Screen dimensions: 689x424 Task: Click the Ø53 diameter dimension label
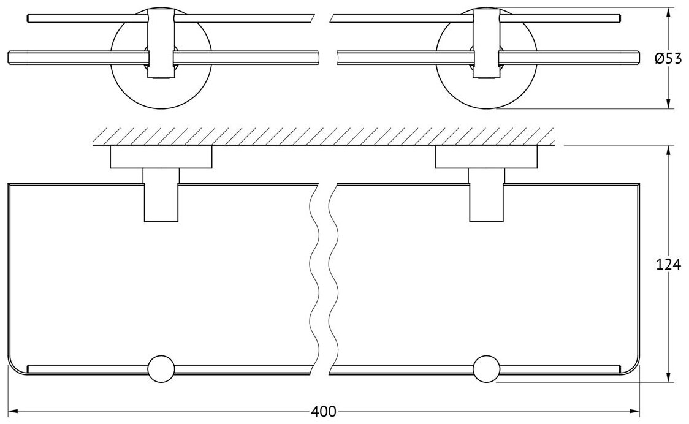[666, 59]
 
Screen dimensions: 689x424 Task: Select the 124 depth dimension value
[668, 265]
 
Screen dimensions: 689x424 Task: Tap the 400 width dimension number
[323, 411]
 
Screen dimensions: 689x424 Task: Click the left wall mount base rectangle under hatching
[161, 157]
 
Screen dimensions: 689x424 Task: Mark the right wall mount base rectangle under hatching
[487, 157]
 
